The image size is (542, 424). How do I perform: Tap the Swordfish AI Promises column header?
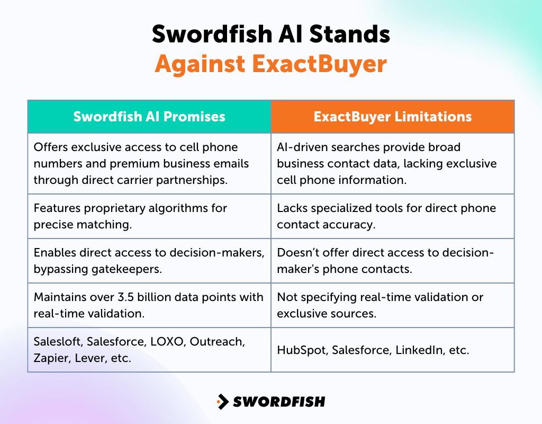click(149, 117)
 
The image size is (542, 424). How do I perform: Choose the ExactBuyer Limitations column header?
click(393, 117)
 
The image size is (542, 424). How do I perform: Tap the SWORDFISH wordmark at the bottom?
click(279, 402)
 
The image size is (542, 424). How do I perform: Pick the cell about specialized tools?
click(392, 216)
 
